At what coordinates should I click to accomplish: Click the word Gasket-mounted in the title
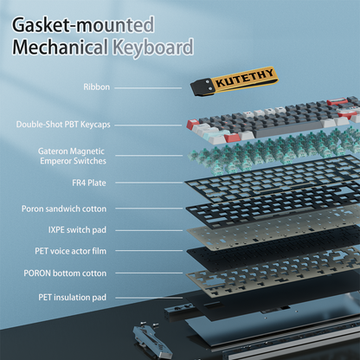(x=83, y=25)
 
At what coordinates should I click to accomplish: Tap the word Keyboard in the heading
(x=153, y=48)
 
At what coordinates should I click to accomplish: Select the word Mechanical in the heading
(x=61, y=47)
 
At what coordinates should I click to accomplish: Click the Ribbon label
(x=97, y=87)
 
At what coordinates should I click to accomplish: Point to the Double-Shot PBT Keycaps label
(x=63, y=125)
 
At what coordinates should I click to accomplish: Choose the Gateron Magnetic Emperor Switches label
(x=73, y=156)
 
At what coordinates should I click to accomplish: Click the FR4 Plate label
(x=89, y=183)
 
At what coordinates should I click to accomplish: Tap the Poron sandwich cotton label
(x=64, y=209)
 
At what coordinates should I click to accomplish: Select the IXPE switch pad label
(x=77, y=230)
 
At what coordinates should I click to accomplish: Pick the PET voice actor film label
(x=71, y=251)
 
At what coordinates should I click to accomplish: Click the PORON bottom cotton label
(x=65, y=273)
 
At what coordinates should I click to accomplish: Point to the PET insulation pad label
(x=73, y=297)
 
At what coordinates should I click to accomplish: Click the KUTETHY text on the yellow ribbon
(x=245, y=78)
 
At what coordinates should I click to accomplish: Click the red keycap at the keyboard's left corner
(x=193, y=125)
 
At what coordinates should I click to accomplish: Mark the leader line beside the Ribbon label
(x=148, y=88)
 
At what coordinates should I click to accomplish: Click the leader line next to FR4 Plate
(x=149, y=183)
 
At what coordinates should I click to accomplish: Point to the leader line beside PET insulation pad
(x=149, y=298)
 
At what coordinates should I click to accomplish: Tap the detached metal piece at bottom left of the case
(x=151, y=340)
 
